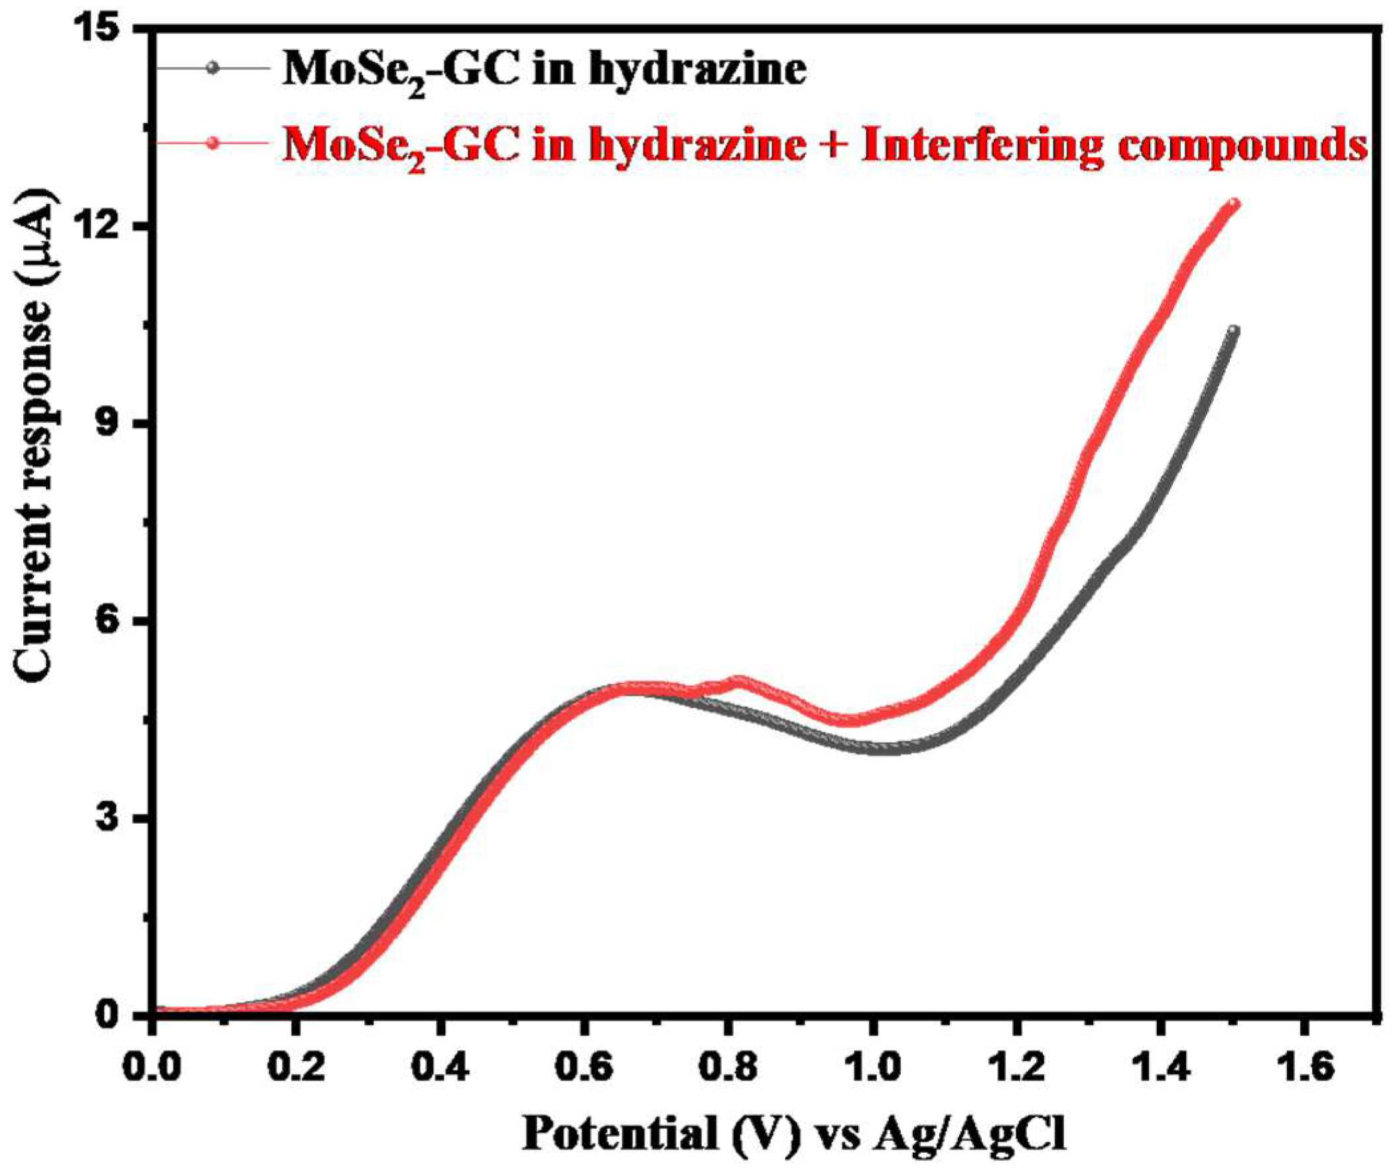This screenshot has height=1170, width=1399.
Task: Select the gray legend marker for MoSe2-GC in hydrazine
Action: coord(212,67)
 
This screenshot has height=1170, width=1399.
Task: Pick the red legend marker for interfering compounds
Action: coord(212,143)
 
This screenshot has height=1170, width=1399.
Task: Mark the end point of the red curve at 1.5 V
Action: coord(1234,204)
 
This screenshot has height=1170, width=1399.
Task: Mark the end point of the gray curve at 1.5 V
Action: coord(1233,330)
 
